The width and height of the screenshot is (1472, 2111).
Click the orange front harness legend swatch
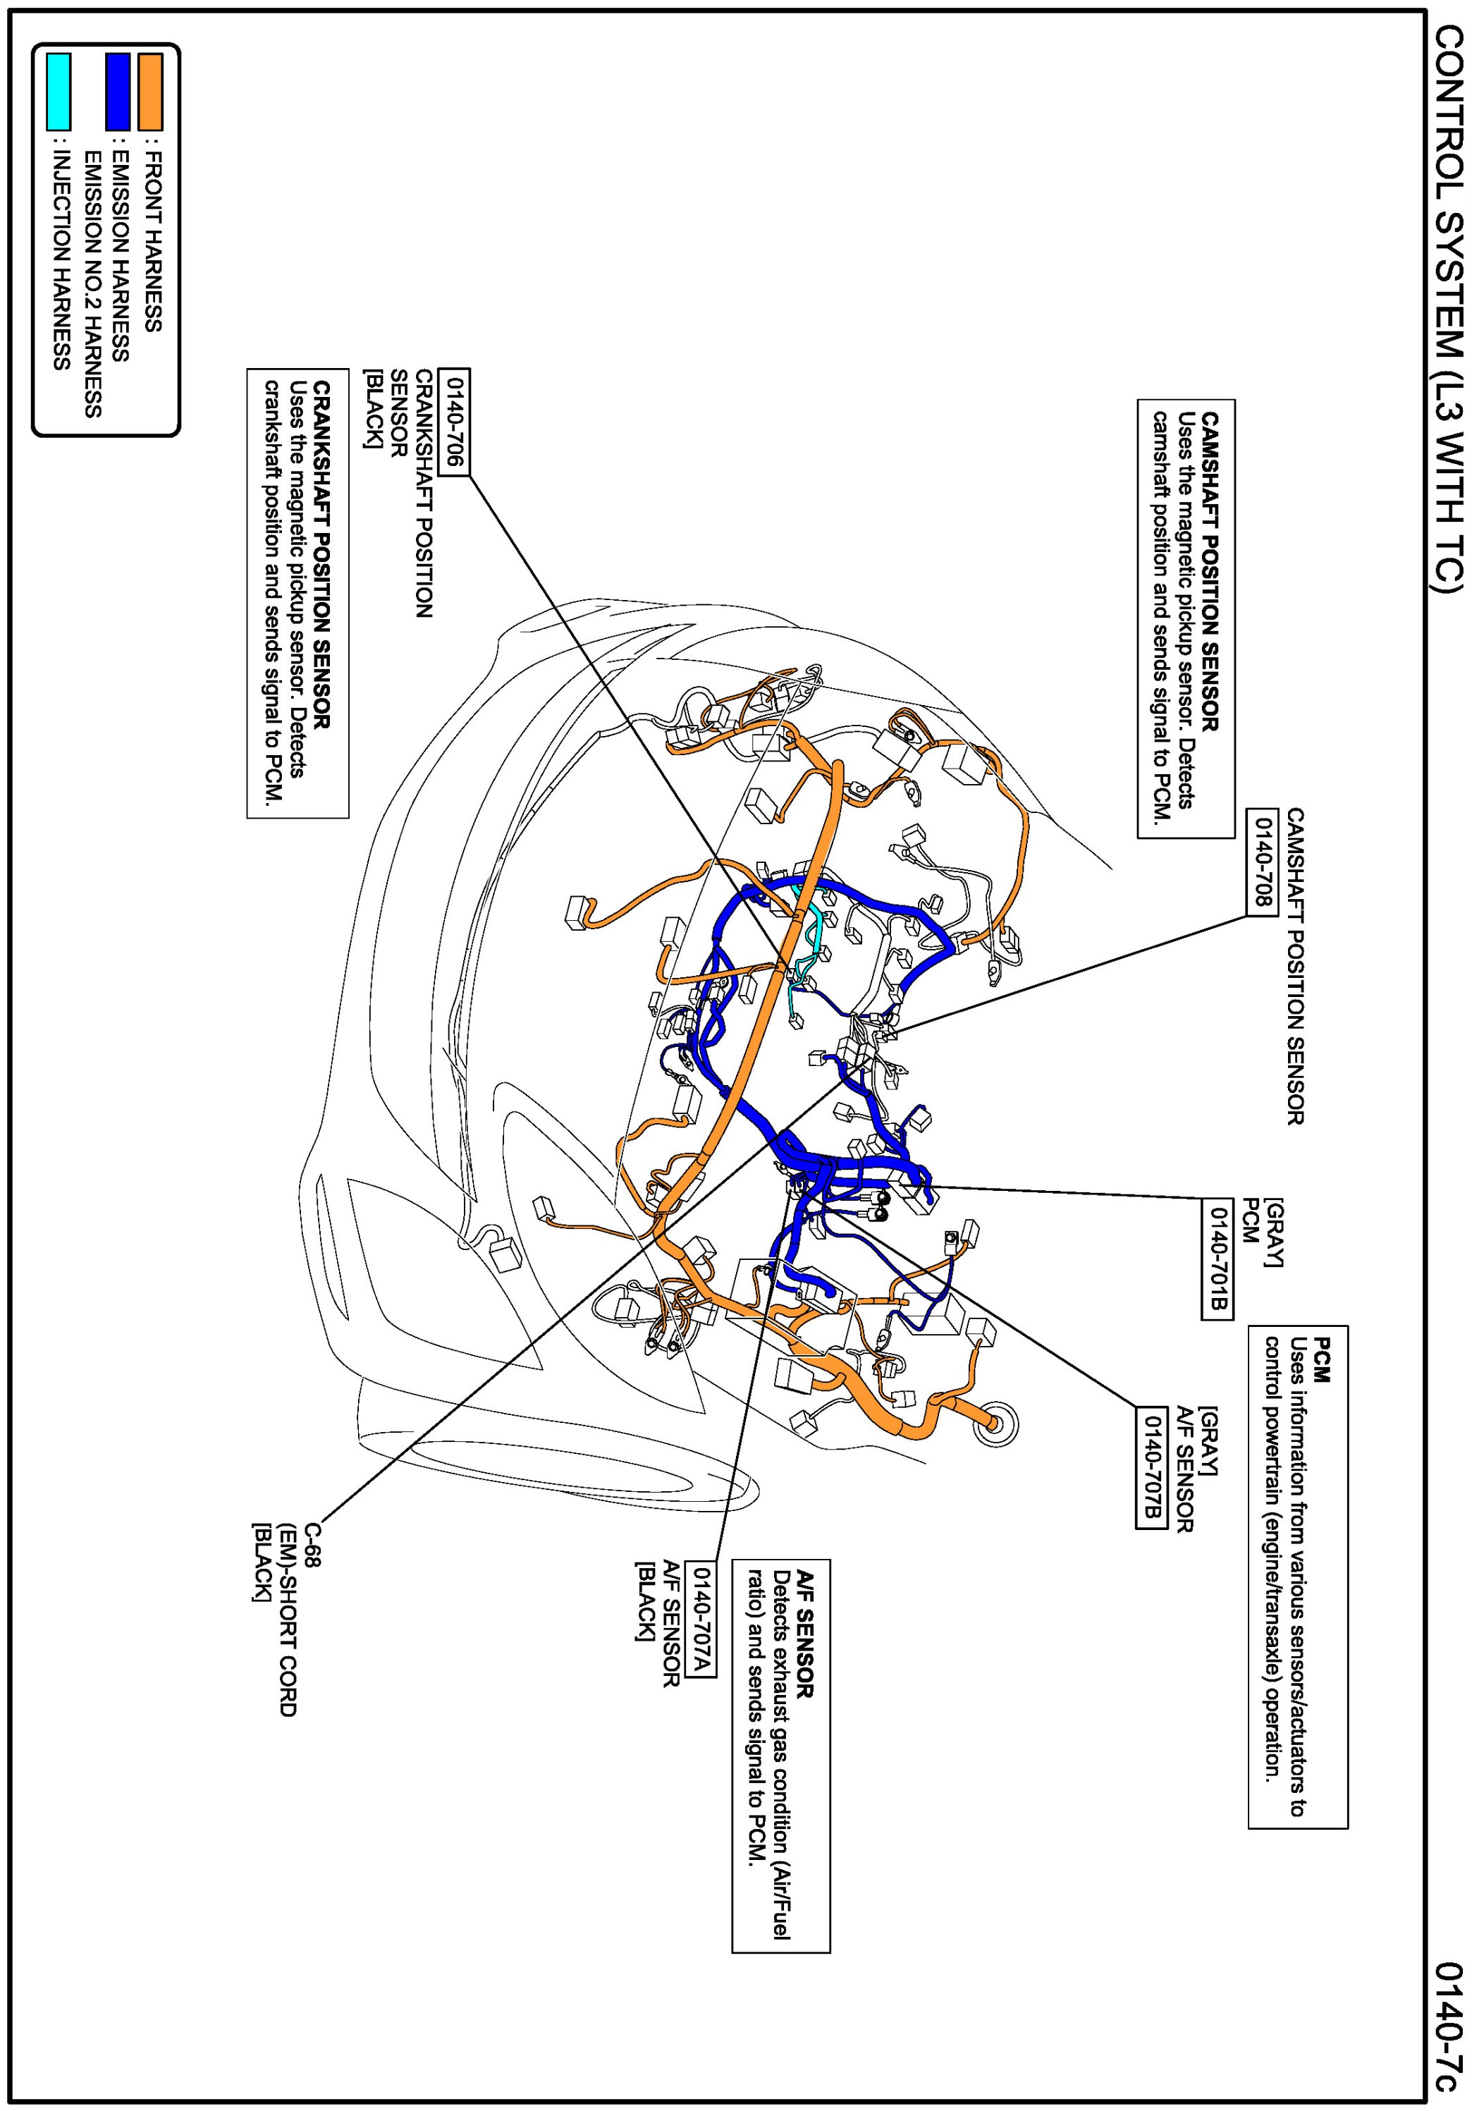point(150,91)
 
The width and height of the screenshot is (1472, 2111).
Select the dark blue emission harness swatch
point(117,91)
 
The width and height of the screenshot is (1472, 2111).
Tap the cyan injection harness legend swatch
point(58,91)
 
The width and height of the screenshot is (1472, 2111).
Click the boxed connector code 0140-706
point(454,422)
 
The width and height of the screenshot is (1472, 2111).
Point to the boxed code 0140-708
point(1261,862)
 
